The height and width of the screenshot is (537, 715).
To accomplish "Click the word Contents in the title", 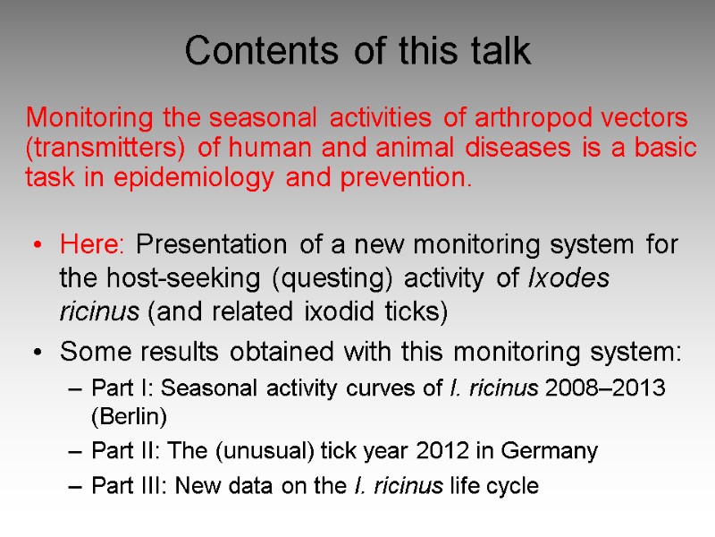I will [x=248, y=51].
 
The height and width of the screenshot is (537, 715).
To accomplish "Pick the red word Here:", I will [x=95, y=244].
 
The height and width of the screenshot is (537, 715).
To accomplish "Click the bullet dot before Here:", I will [x=37, y=245].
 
